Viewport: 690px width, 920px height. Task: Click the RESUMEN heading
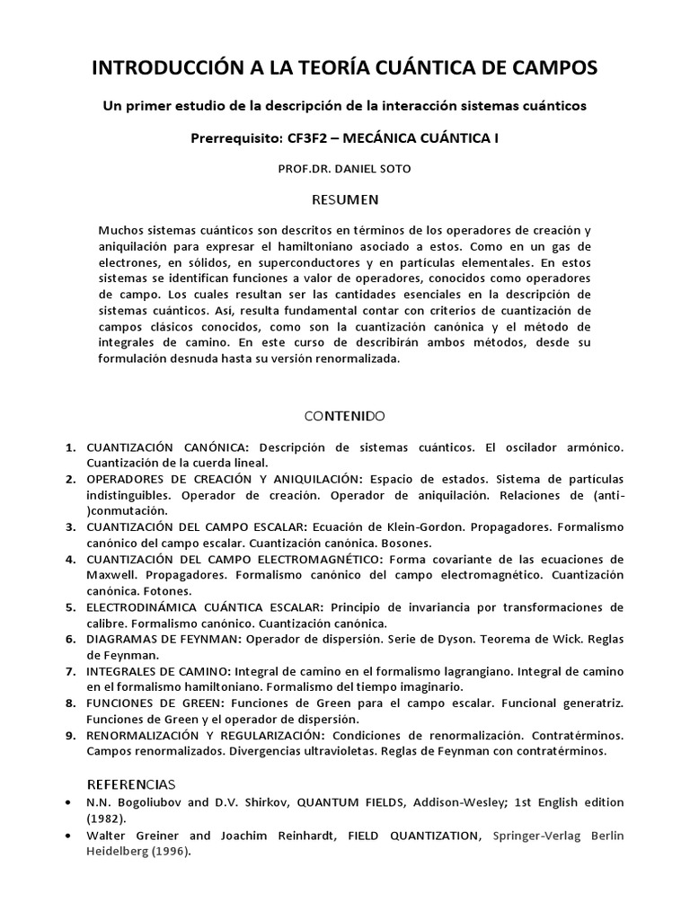click(x=344, y=199)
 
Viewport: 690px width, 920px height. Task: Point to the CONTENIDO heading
click(x=344, y=416)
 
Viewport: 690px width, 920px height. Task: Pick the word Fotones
click(x=164, y=591)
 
